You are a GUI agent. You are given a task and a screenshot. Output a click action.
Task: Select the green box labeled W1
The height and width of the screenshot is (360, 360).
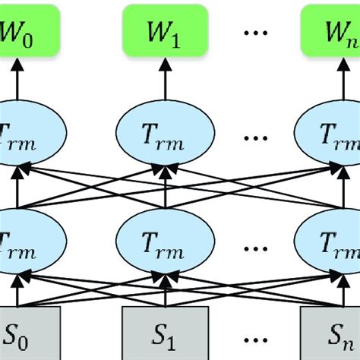pyautogui.click(x=165, y=33)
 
